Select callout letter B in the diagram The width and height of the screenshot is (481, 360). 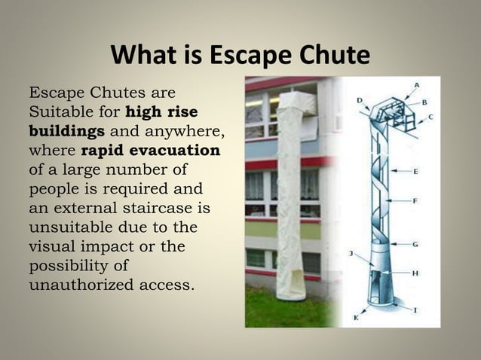click(x=424, y=101)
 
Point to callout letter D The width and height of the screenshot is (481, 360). click(x=360, y=99)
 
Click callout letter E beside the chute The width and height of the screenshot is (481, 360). click(x=415, y=171)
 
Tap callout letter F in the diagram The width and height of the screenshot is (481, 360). click(x=415, y=201)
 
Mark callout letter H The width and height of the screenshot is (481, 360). click(x=415, y=272)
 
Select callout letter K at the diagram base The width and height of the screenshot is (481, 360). click(x=357, y=319)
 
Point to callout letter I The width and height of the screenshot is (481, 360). click(x=416, y=310)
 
